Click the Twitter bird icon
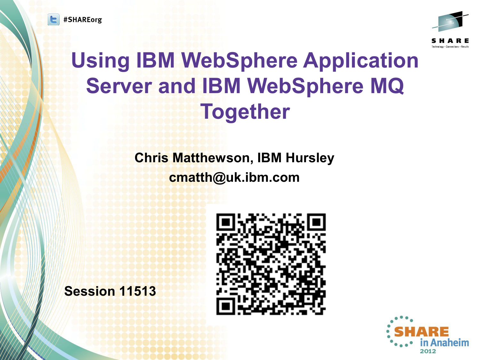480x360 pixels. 53,20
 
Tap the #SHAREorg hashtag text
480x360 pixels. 83,20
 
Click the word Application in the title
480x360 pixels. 361,61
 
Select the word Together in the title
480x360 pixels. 245,112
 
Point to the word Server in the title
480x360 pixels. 119,86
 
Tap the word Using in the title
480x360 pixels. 100,61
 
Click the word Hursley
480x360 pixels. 310,158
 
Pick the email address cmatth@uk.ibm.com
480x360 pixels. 234,177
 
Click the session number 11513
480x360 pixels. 138,291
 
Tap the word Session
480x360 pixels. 90,291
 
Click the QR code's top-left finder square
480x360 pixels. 226,222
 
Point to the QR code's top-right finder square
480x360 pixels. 316,222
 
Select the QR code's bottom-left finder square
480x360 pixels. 226,306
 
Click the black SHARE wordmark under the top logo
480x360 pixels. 450,41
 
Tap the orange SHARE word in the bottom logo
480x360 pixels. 421,332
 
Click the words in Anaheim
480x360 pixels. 444,343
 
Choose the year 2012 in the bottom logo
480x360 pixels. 428,351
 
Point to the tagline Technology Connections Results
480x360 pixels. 450,46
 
